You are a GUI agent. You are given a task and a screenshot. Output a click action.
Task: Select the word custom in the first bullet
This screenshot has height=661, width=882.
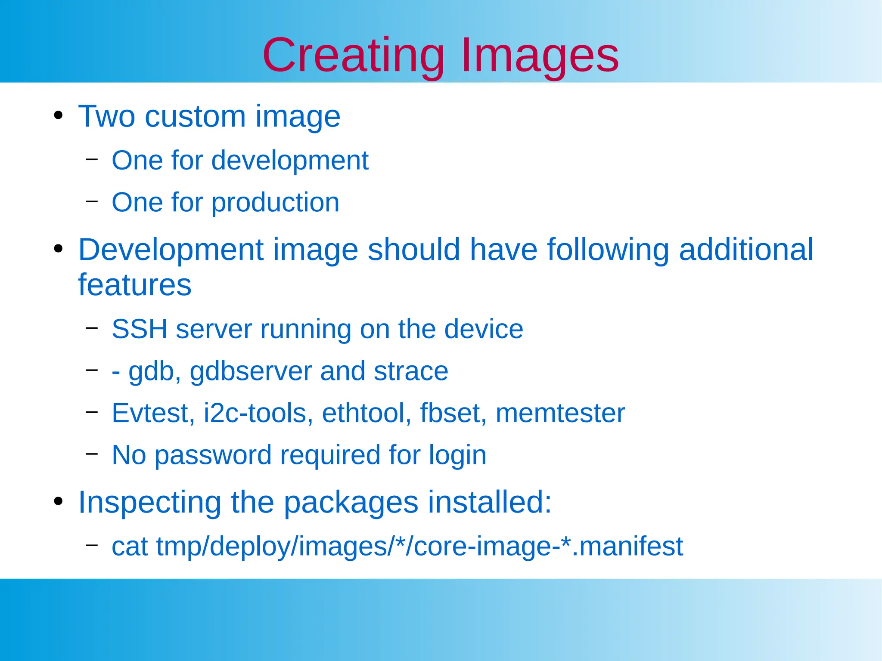coord(195,117)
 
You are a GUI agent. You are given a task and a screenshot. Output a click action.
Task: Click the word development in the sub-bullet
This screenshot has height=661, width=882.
coord(290,161)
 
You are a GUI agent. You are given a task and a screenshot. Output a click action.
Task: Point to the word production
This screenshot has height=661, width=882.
coord(275,203)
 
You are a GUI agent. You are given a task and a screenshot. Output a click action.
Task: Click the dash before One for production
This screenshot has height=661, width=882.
coord(92,201)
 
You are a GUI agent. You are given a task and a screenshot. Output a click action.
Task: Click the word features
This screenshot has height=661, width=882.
coord(134,285)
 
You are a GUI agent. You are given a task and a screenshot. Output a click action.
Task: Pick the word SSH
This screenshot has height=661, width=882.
coord(139,329)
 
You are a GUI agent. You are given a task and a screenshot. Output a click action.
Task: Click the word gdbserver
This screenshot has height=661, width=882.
coord(251,371)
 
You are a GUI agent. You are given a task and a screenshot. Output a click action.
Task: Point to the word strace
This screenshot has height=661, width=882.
coord(410,371)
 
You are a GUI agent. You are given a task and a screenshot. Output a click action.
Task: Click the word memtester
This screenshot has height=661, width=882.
coord(560,413)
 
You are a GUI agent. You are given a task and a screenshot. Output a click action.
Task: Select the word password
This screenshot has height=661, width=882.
coord(213,455)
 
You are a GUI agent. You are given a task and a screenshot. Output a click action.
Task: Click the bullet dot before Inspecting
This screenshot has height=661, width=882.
coord(59,501)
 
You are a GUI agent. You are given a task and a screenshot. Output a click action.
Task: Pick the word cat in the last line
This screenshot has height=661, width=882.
coord(130,547)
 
